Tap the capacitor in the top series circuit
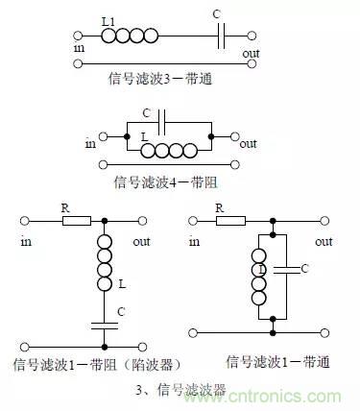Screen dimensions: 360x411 coord(222,36)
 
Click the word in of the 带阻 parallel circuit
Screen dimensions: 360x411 coord(91,144)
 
